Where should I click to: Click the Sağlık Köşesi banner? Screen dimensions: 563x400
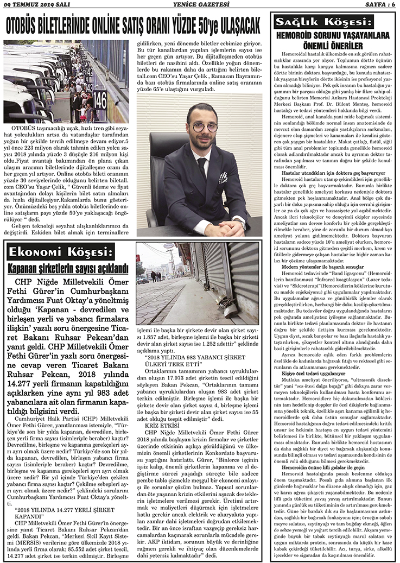click(323, 22)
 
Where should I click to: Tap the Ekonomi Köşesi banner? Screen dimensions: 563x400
click(60, 252)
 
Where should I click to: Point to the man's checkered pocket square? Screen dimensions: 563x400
click(223, 177)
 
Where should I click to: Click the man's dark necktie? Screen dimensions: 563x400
click(202, 168)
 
